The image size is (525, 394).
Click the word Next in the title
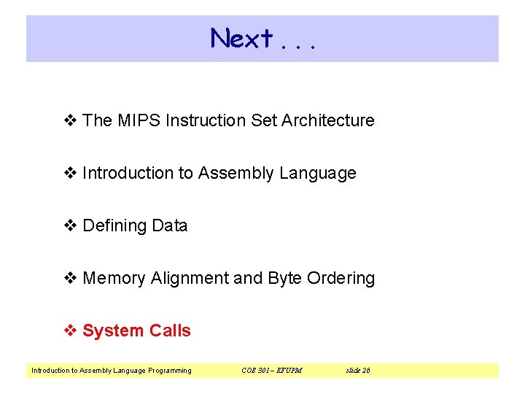click(241, 38)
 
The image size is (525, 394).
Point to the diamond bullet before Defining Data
click(71, 226)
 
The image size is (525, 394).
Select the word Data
click(170, 226)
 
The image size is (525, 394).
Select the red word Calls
click(170, 331)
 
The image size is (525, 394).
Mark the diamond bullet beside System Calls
click(71, 331)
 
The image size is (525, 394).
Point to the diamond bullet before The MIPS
click(71, 121)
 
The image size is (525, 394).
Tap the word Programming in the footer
click(169, 371)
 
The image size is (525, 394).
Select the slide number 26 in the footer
click(365, 371)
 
